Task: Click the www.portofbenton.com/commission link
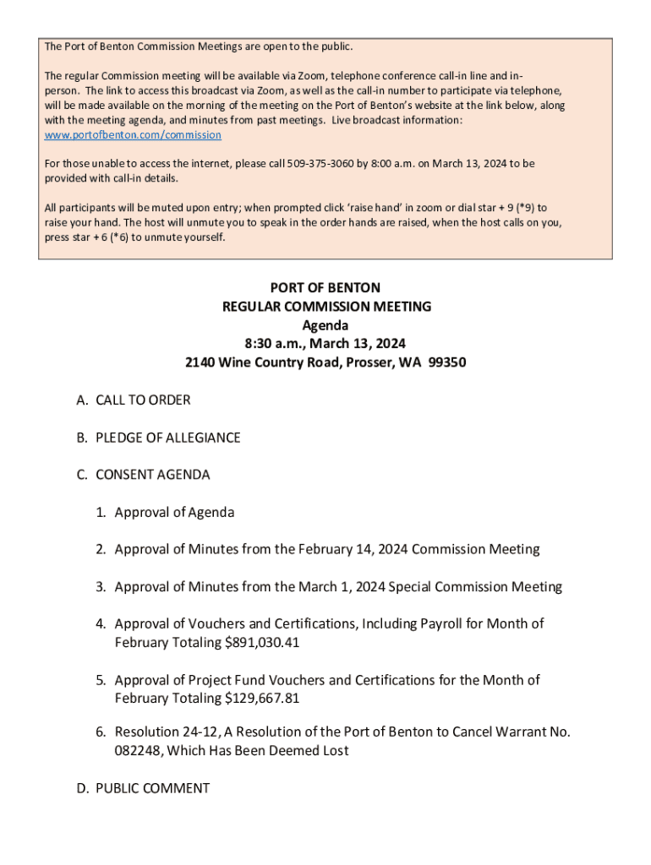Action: point(133,135)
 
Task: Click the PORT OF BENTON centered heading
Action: point(325,288)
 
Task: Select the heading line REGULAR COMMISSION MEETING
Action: point(325,307)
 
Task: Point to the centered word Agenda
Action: point(325,325)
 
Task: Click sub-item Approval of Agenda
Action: point(174,512)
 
